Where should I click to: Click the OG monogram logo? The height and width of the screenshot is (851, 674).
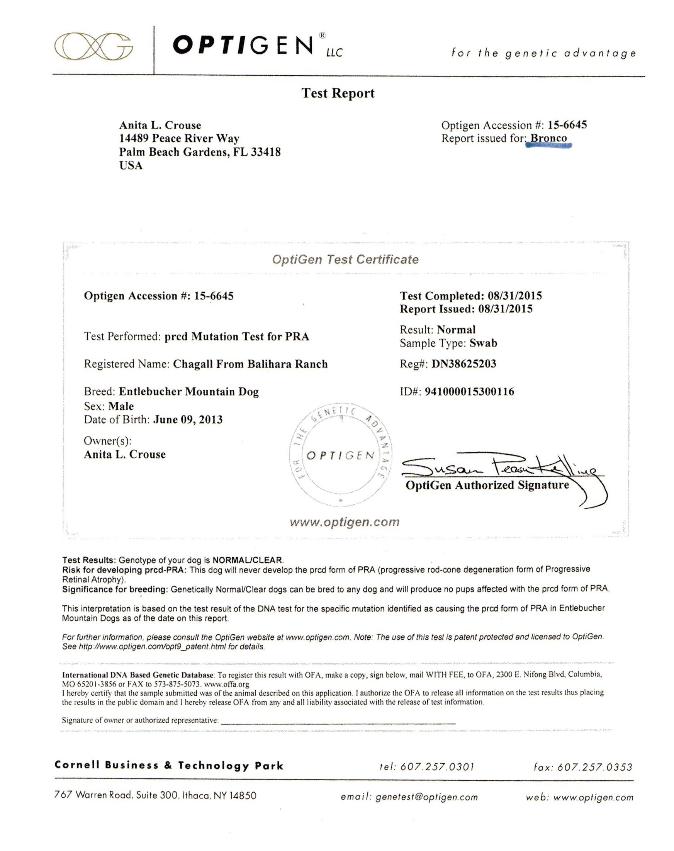pyautogui.click(x=93, y=47)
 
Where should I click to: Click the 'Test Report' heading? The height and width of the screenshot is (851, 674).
pyautogui.click(x=338, y=93)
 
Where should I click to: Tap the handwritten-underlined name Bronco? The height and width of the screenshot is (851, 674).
pyautogui.click(x=548, y=139)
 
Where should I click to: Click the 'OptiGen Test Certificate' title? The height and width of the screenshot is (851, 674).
pyautogui.click(x=345, y=259)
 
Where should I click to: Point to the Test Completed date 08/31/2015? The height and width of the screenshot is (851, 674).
pyautogui.click(x=514, y=296)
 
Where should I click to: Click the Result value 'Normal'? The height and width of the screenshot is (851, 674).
pyautogui.click(x=456, y=330)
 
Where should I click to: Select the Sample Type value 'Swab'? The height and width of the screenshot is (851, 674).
pyautogui.click(x=483, y=343)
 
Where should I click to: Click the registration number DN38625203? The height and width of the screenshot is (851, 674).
pyautogui.click(x=463, y=364)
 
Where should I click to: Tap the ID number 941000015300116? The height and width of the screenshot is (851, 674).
pyautogui.click(x=469, y=392)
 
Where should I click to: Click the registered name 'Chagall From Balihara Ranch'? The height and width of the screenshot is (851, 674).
pyautogui.click(x=250, y=364)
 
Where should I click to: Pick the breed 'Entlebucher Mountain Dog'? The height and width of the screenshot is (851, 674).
pyautogui.click(x=188, y=392)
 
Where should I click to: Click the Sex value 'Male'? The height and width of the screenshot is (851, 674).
pyautogui.click(x=121, y=406)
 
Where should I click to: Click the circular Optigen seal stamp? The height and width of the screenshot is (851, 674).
pyautogui.click(x=341, y=455)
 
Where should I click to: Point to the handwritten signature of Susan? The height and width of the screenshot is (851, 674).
pyautogui.click(x=501, y=468)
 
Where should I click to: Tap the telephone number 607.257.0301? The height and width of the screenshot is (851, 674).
pyautogui.click(x=437, y=766)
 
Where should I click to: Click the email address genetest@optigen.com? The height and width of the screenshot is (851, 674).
pyautogui.click(x=426, y=797)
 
